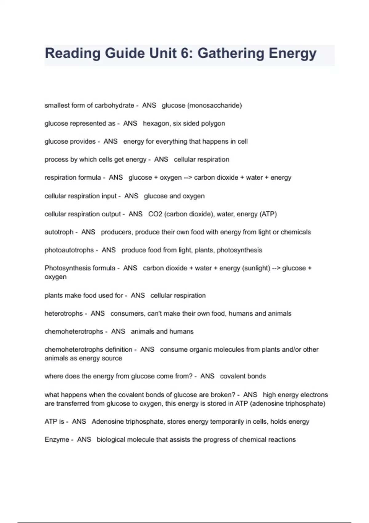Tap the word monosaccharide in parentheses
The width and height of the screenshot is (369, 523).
click(x=215, y=106)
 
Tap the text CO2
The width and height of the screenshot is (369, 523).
click(x=155, y=214)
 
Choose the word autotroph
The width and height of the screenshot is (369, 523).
click(x=59, y=232)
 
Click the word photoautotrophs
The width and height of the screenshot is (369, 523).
click(x=69, y=250)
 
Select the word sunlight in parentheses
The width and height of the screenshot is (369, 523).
click(x=256, y=268)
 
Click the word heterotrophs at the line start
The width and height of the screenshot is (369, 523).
click(x=63, y=313)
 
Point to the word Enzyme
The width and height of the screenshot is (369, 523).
click(x=57, y=440)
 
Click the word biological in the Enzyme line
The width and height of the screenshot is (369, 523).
click(x=111, y=440)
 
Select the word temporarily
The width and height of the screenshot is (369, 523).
click(x=226, y=421)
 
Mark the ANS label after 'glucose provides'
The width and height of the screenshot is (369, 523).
click(x=110, y=142)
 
